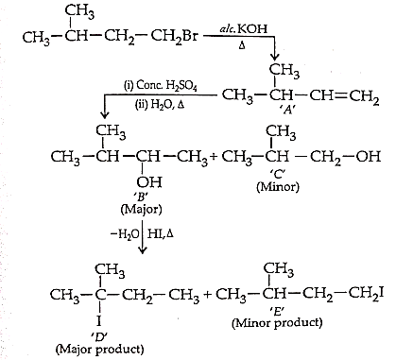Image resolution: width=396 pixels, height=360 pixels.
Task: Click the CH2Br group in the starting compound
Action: point(174,37)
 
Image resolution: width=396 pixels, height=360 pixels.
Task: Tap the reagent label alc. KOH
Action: point(244,28)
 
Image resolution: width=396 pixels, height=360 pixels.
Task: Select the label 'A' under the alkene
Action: point(288,110)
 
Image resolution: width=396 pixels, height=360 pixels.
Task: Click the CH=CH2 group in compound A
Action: point(344,95)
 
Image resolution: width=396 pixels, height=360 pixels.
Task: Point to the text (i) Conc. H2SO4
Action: point(161,86)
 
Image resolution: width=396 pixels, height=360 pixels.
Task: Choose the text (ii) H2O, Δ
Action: point(160,105)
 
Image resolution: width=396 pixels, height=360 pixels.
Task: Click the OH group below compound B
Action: point(149,181)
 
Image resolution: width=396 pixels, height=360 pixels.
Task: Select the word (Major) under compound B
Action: point(142,210)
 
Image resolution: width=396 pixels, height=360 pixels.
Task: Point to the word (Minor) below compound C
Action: point(278,187)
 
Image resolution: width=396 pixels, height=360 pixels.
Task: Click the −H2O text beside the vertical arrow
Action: point(125,234)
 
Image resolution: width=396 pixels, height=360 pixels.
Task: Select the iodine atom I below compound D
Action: point(99,321)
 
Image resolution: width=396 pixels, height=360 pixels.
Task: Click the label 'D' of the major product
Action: point(99,336)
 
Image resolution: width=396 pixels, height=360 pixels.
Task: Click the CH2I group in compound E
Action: point(366,295)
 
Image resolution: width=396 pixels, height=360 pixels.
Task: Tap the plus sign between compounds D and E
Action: point(208,295)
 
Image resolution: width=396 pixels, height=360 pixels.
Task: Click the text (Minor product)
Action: point(277,323)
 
